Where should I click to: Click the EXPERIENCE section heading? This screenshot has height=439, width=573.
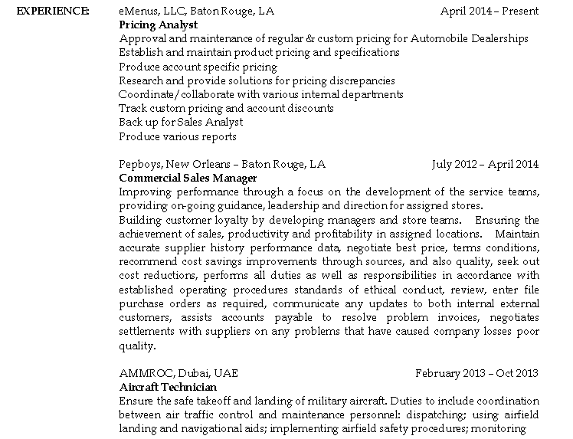coord(52,11)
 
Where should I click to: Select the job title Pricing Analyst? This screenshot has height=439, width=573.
coord(159,25)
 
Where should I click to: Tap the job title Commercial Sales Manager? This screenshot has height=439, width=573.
coord(188,178)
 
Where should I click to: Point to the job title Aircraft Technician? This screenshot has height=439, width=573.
coord(168,387)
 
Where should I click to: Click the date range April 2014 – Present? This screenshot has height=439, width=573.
coord(490,11)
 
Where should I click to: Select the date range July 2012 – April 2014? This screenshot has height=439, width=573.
coord(485,164)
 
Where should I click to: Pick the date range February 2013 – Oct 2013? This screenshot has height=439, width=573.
coord(476,373)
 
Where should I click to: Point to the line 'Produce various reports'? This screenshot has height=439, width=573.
coord(178,136)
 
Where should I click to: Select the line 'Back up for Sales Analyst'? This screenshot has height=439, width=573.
coord(181,123)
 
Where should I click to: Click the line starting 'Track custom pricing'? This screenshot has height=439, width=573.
coord(226,109)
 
